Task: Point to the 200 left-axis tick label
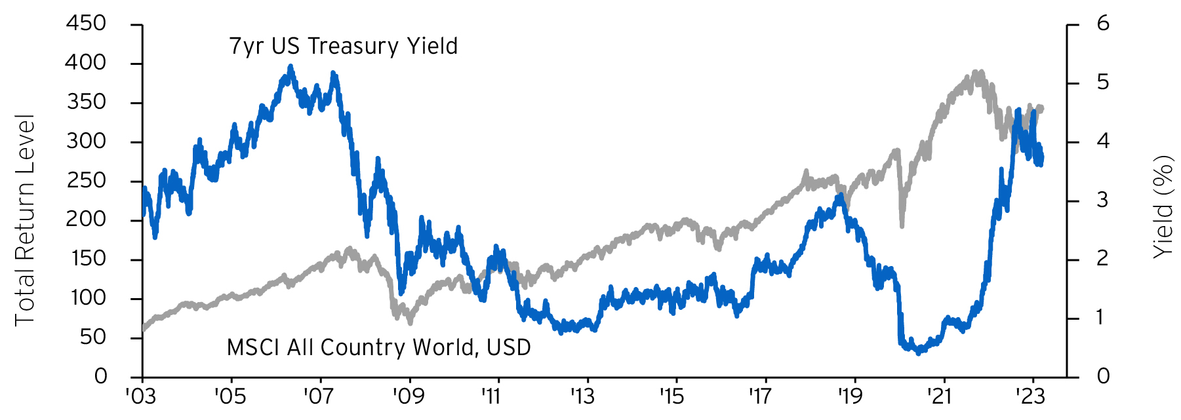point(86,220)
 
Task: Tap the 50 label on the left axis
point(92,337)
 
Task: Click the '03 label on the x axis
point(141,396)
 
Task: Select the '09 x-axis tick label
point(409,396)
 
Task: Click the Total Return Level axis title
point(24,220)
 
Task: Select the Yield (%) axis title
point(1162,206)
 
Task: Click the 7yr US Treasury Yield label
point(343,47)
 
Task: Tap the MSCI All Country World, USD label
point(378,347)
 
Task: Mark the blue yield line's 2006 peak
point(290,67)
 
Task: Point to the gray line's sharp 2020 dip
point(902,225)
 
